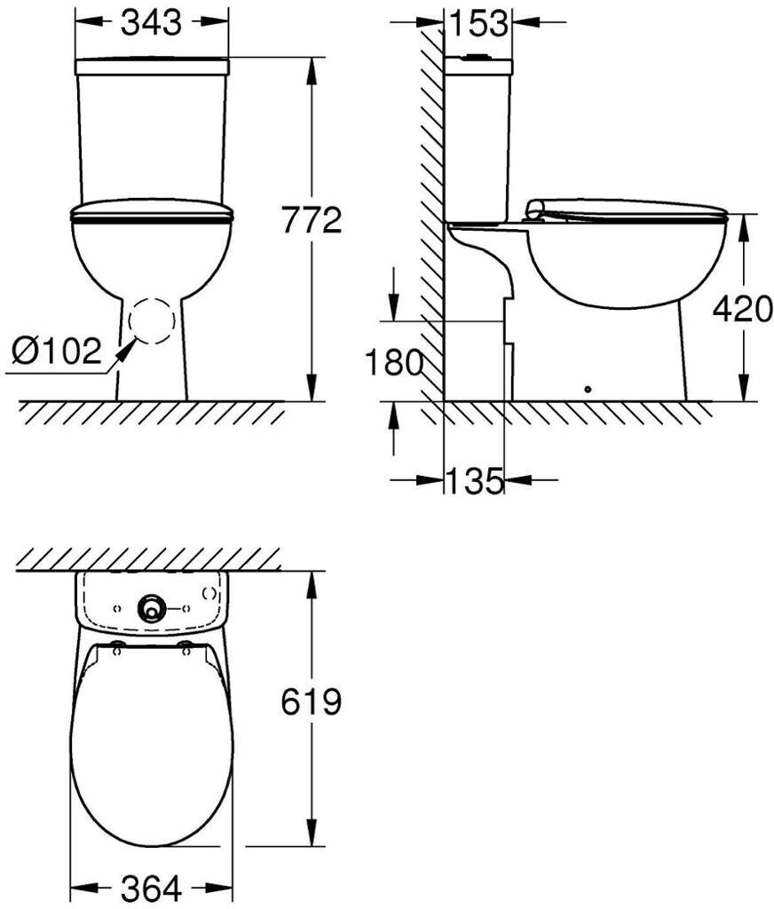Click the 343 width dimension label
[x=151, y=22]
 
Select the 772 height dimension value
[x=312, y=221]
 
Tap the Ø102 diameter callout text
[x=57, y=352]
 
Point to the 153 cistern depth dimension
[x=479, y=23]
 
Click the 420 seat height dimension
[x=743, y=308]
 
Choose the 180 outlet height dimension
[x=394, y=363]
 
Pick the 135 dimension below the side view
[x=474, y=480]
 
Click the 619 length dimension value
[x=312, y=702]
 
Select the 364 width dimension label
[x=151, y=888]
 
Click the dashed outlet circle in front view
[x=151, y=320]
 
